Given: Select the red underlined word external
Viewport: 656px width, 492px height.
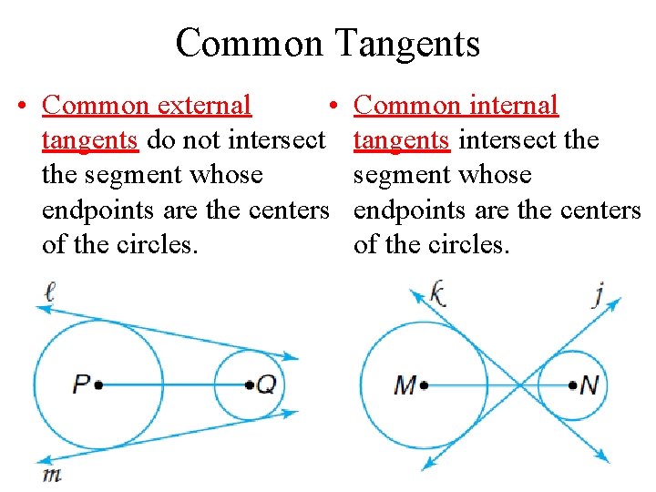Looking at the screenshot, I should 204,106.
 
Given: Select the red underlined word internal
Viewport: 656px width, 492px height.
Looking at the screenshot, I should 513,106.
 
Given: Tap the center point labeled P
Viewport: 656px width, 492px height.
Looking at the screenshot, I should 98,384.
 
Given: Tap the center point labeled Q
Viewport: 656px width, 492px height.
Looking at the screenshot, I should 250,384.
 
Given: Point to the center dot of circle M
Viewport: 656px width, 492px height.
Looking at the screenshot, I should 424,385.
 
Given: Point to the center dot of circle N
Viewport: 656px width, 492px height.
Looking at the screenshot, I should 572,385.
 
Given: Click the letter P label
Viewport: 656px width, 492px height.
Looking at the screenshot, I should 82,384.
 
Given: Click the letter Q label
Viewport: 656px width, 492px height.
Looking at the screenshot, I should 265,384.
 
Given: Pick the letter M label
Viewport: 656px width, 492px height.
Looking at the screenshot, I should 405,385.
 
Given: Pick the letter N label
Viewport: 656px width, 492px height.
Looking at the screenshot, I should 589,385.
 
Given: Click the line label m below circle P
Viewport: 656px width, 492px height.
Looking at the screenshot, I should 51,475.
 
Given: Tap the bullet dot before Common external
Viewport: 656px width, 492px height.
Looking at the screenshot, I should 20,107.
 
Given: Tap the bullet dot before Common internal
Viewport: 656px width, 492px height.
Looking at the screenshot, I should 334,107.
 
